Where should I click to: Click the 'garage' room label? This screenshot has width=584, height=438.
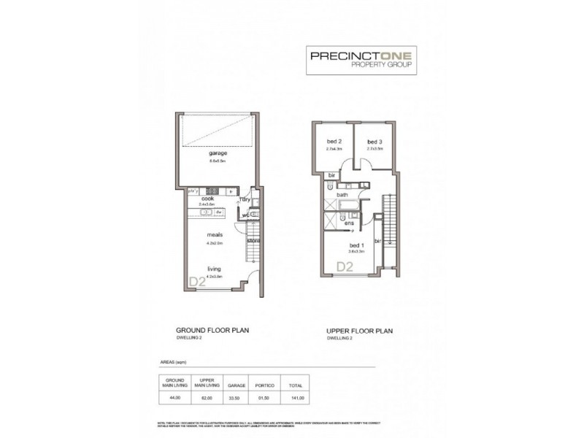coord(218,154)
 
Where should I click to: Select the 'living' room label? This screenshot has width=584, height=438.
coord(214,269)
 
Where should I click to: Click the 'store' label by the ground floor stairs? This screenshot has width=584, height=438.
coord(253,240)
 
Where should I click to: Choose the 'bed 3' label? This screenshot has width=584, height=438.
coord(374,142)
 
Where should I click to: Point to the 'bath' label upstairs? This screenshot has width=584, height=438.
coord(342,195)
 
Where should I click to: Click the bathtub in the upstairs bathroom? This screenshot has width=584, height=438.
coord(349,205)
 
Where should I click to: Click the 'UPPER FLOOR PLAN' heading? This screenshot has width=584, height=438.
coord(360,331)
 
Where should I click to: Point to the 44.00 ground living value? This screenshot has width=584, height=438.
coord(174,397)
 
